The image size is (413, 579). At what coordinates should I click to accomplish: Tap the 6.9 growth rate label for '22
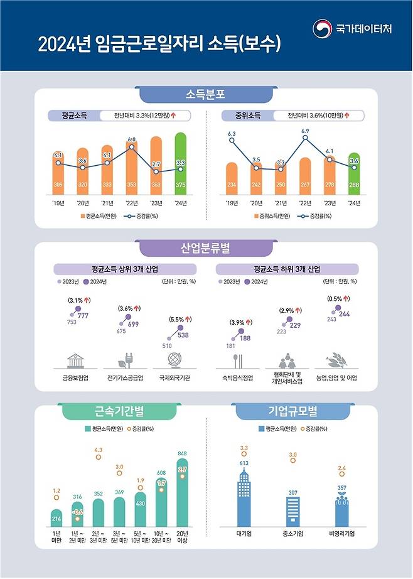305,131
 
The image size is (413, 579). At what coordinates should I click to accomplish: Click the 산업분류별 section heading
206,248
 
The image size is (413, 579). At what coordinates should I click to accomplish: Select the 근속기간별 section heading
110,412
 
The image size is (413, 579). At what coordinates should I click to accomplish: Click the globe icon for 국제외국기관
174,360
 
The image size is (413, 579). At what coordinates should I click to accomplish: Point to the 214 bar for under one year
56,517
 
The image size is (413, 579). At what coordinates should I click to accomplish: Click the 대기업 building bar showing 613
244,499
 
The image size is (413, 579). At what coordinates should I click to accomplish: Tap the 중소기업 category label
292,535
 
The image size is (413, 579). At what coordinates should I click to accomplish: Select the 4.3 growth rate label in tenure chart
99,450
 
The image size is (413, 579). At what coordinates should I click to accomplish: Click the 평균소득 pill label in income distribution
75,116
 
